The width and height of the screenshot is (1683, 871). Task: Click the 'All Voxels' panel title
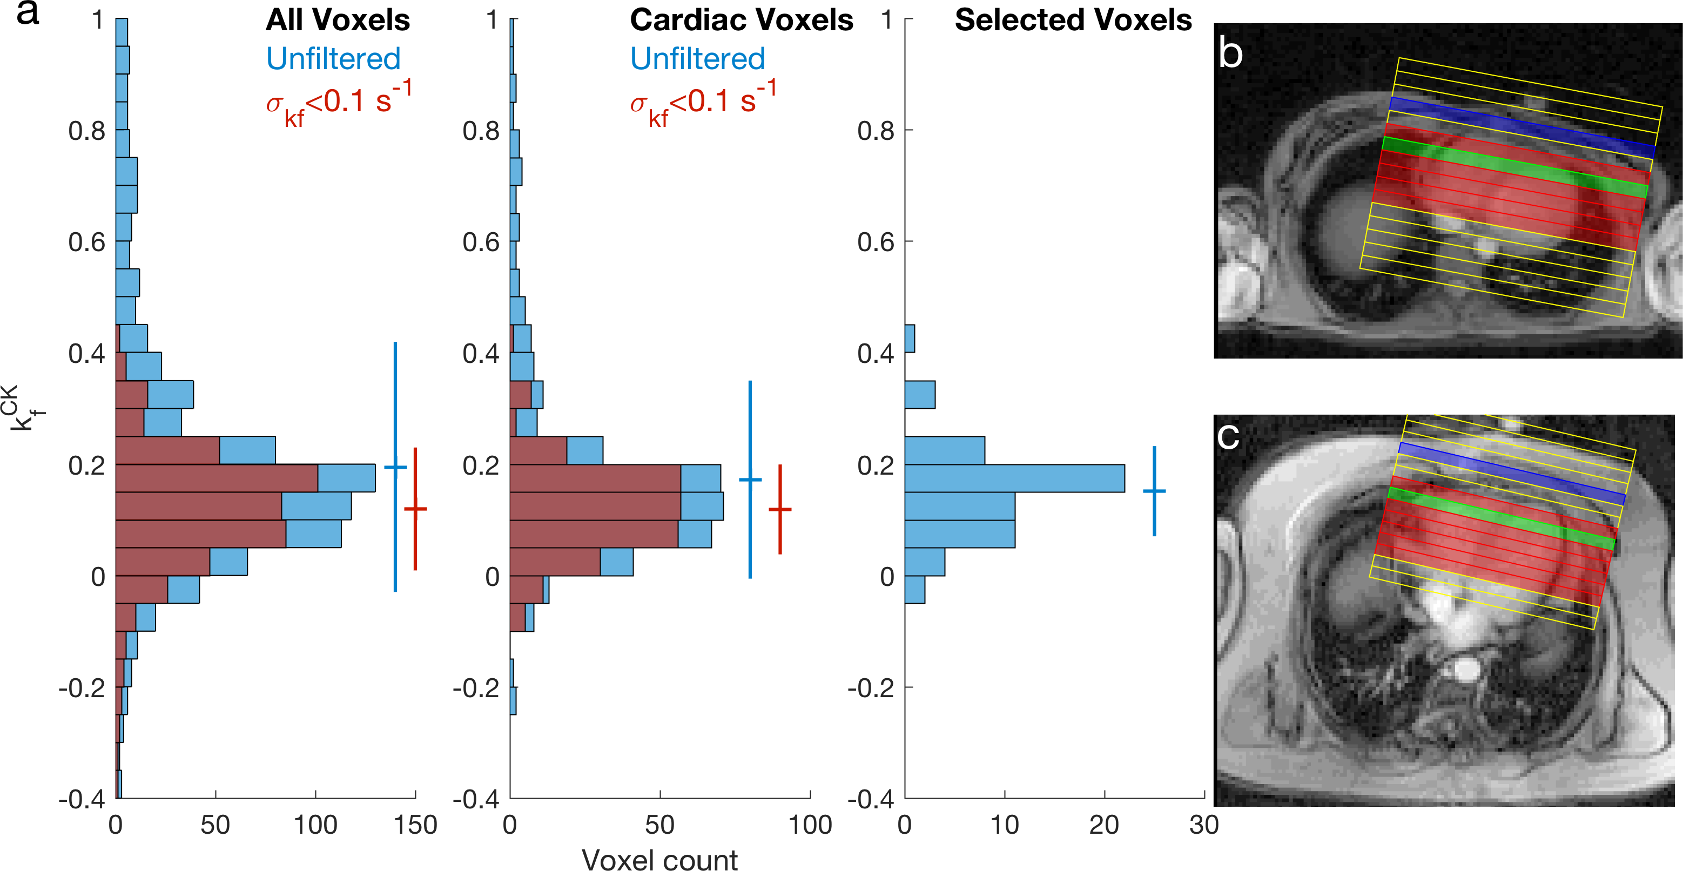[337, 21]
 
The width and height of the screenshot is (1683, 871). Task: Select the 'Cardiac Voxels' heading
[741, 21]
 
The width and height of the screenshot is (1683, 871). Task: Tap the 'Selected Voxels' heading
[1073, 21]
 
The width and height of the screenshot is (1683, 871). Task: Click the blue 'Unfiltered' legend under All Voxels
[333, 59]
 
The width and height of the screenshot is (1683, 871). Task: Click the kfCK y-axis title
[25, 408]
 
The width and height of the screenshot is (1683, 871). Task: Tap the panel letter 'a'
[28, 13]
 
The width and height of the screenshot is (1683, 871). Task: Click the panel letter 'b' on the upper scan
[1231, 53]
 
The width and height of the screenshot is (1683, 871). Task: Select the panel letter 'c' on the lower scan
[1228, 436]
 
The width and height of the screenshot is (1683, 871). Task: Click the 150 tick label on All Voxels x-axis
[415, 825]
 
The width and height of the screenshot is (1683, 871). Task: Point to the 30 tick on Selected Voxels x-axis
[1203, 825]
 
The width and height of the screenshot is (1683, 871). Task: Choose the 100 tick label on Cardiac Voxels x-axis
[810, 825]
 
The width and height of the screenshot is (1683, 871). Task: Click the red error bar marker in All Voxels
[415, 508]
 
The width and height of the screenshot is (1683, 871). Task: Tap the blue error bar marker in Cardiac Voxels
[750, 480]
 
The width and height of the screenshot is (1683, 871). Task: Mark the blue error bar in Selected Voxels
[1154, 491]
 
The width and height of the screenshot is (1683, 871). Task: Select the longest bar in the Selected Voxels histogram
[1015, 478]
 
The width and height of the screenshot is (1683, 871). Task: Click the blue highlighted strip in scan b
[1522, 128]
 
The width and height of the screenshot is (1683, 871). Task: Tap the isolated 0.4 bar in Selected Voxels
[910, 339]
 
